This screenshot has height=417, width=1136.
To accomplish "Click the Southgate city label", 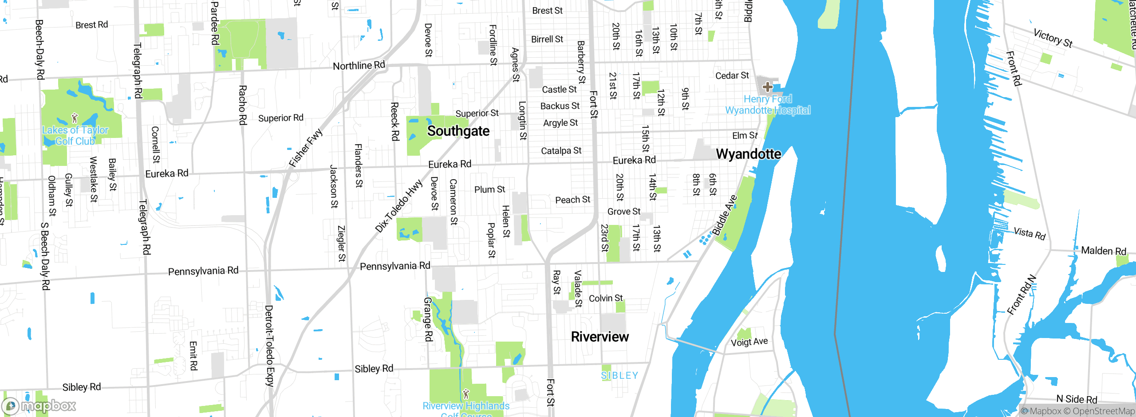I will pyautogui.click(x=458, y=131).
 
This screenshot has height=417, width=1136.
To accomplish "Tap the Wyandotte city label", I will pyautogui.click(x=748, y=154).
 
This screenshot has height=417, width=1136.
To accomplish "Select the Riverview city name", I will pyautogui.click(x=600, y=337).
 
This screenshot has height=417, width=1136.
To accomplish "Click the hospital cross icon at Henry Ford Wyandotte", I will pyautogui.click(x=767, y=87).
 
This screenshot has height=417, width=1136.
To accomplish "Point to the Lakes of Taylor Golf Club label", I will pyautogui.click(x=75, y=135).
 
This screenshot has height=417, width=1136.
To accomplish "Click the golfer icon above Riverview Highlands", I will pyautogui.click(x=465, y=393).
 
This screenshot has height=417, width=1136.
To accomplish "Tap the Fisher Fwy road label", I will pyautogui.click(x=306, y=148).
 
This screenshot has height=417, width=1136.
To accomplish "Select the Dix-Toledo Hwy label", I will pyautogui.click(x=398, y=206).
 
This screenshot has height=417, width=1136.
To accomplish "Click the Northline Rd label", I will pyautogui.click(x=359, y=66).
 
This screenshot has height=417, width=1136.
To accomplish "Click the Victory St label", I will pyautogui.click(x=1053, y=38).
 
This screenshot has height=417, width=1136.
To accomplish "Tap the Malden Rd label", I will pyautogui.click(x=1103, y=251).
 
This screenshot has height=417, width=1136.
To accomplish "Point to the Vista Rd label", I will pyautogui.click(x=1029, y=233).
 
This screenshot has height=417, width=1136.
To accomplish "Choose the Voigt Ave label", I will pyautogui.click(x=749, y=342).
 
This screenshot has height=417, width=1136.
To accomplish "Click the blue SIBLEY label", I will pyautogui.click(x=619, y=376).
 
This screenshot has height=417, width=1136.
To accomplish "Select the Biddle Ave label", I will pyautogui.click(x=725, y=215).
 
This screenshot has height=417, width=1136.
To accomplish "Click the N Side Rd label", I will pyautogui.click(x=1077, y=399).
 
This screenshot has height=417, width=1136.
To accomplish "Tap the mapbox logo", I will pyautogui.click(x=39, y=405).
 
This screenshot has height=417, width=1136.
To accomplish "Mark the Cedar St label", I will pyautogui.click(x=732, y=76).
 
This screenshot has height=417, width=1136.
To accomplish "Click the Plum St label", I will pyautogui.click(x=489, y=189).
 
